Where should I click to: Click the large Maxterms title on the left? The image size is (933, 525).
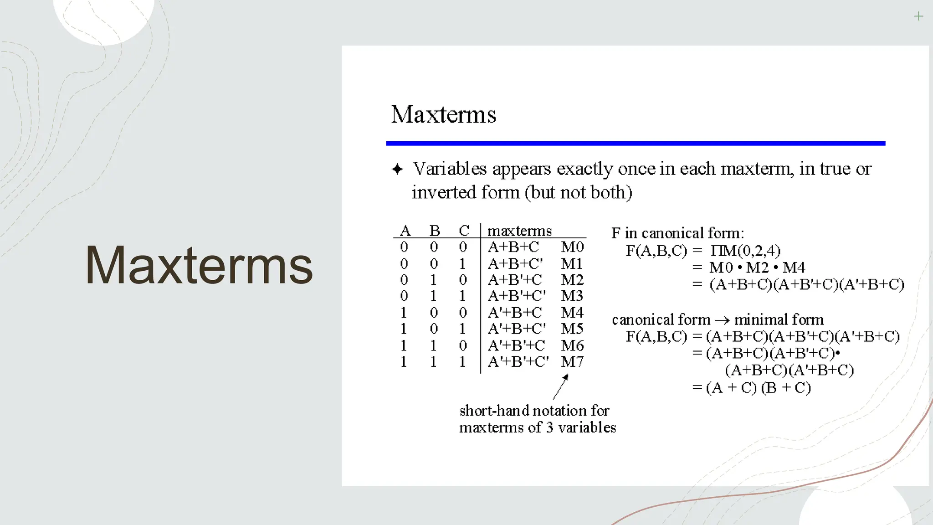(199, 265)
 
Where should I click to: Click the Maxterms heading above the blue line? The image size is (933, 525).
(443, 114)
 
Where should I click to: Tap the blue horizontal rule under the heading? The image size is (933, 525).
(636, 144)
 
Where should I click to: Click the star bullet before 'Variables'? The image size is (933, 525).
(397, 170)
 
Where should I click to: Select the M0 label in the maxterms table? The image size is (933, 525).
(572, 247)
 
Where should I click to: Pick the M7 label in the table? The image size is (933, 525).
(572, 362)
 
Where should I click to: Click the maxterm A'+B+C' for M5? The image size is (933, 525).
(517, 329)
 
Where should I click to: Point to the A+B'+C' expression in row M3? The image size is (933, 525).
(517, 296)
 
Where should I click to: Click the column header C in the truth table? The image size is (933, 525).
(464, 231)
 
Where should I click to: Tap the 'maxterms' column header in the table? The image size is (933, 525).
(519, 231)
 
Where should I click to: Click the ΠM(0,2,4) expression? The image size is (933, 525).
(745, 251)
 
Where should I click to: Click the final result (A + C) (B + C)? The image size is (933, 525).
(759, 388)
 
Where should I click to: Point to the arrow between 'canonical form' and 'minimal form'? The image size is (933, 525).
(723, 320)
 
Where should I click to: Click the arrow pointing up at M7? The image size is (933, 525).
(561, 386)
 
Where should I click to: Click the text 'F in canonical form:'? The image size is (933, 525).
(677, 233)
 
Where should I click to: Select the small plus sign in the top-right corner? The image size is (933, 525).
(918, 17)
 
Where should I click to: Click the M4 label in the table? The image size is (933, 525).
(572, 313)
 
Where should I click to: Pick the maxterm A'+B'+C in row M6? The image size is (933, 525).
(516, 345)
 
